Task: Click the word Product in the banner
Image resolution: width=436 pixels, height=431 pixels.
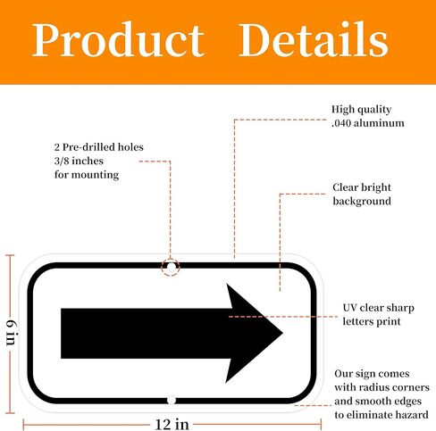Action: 118,39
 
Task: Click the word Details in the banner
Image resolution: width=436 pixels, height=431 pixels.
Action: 314,38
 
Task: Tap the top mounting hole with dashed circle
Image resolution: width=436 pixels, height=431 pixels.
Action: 171,268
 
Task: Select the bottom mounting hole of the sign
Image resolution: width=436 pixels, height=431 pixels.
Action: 172,400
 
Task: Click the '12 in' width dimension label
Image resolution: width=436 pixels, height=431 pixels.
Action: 172,425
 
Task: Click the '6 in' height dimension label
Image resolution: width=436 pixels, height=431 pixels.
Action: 11,333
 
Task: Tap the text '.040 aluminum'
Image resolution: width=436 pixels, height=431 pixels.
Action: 368,123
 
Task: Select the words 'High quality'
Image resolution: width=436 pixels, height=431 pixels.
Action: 362,110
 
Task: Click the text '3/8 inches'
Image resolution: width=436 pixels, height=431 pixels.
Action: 79,161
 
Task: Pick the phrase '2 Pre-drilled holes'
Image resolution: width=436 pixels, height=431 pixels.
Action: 99,147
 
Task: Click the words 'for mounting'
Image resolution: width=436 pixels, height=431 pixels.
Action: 87,175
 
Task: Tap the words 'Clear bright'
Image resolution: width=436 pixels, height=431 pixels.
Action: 362,187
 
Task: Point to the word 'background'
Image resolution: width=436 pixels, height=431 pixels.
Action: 362,202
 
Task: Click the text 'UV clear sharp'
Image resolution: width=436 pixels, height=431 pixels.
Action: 378,308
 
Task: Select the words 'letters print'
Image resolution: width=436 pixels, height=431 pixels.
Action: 372,321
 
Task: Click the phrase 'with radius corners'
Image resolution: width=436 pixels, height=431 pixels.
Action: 381,387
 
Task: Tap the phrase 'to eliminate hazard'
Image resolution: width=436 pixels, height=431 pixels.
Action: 381,415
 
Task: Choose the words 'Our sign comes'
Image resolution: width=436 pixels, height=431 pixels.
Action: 372,374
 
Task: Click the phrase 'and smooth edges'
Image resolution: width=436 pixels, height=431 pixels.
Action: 378,402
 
